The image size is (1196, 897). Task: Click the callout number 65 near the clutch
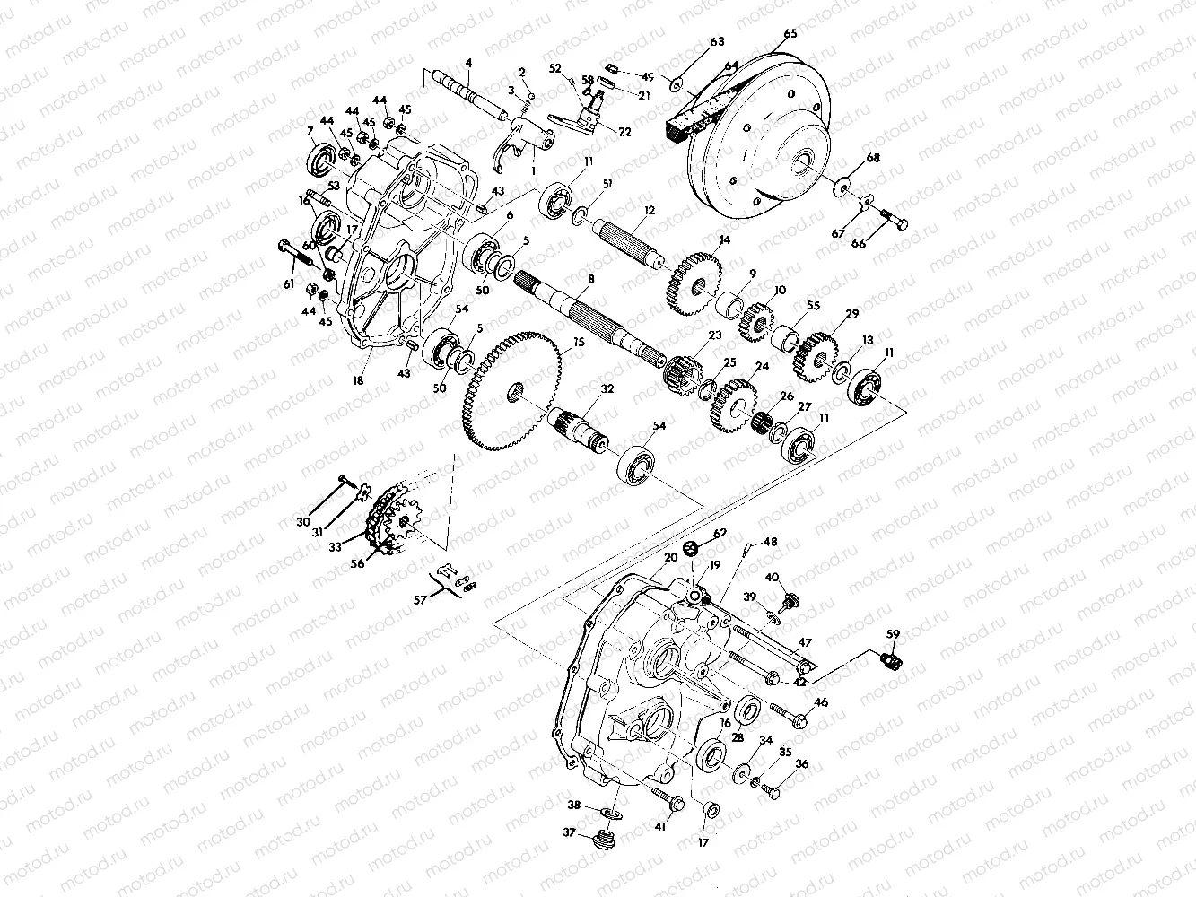[790, 34]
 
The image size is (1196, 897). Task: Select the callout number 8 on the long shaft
[589, 280]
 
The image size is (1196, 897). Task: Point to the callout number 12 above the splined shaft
[646, 209]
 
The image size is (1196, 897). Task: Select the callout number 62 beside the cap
[719, 534]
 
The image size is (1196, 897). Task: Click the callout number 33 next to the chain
[335, 544]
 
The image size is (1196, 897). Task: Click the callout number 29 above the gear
[851, 313]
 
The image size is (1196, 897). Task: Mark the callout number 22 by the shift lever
[624, 132]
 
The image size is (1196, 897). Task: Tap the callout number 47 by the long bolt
[804, 643]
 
